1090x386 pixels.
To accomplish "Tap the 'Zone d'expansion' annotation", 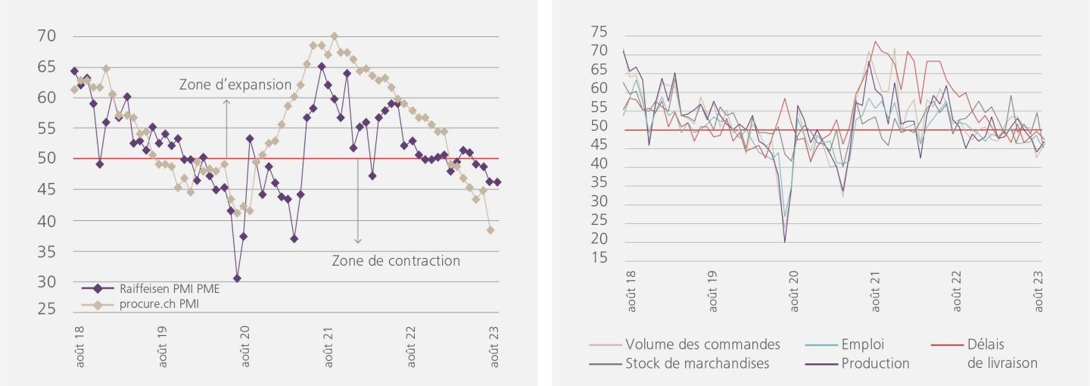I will pos(235,85).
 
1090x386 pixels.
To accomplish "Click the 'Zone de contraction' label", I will pos(395,261).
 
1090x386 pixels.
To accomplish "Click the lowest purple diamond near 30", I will pos(237,279).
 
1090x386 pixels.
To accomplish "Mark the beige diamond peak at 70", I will pos(334,36).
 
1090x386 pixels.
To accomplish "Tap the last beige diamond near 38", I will pos(490,230).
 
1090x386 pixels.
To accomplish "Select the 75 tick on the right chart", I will pos(599,32).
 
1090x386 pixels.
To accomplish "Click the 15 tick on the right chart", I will pos(599,259).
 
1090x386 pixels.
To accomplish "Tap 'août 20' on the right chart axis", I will pos(794,291).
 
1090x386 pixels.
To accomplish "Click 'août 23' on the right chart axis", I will pos(1039,291).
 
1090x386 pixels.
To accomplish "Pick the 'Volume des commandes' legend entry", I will pos(702,344).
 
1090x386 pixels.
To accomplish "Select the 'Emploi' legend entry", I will pos(862,344).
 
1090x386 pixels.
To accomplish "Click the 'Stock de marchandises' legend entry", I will pos(697,363).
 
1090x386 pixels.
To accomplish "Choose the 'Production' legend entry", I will pos(875,363).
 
